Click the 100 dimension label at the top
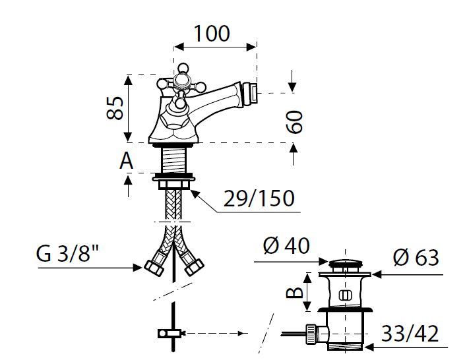point(212,34)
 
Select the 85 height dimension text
point(115,107)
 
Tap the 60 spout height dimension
point(294,121)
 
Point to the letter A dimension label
point(126,162)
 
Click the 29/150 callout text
point(259,198)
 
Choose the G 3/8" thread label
point(67,254)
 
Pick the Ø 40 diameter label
point(286,246)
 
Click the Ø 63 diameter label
point(416,258)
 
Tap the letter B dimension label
point(294,292)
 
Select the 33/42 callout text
point(410,334)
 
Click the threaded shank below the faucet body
point(173,160)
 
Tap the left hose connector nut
point(154,268)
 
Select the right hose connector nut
point(194,267)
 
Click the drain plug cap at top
point(346,264)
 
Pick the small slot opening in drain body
point(345,295)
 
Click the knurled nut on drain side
point(311,334)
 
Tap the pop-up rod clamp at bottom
point(170,333)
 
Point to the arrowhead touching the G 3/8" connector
point(138,268)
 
